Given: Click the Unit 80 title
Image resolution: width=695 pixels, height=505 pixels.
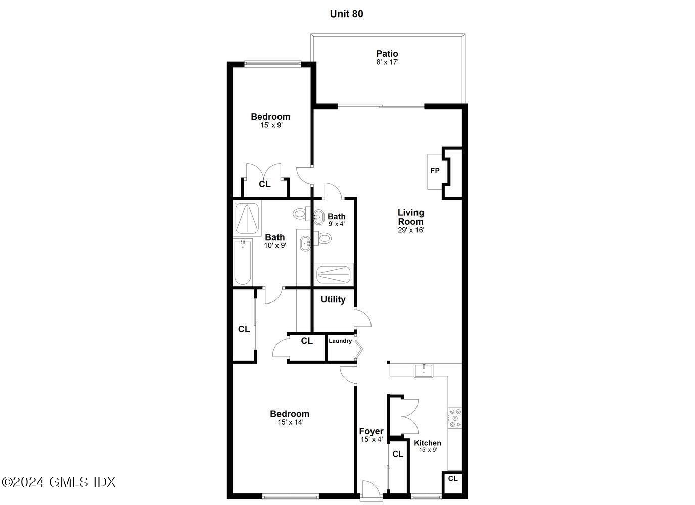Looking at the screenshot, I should coord(346,14).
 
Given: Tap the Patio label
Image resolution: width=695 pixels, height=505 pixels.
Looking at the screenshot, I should coord(387,54).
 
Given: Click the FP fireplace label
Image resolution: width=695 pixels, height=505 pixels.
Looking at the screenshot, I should coord(435,171).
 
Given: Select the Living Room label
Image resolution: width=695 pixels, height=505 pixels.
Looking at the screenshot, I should coord(410,217).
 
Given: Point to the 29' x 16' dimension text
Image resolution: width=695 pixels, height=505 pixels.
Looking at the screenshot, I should coord(410,230).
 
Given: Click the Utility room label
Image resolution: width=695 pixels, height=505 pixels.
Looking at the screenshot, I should coord(333,299).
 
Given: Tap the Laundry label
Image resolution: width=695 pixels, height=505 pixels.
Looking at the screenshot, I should coord(340,341).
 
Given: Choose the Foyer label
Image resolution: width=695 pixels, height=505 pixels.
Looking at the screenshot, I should coord(371,431).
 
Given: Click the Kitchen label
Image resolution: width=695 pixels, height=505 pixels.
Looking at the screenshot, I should coord(428,443).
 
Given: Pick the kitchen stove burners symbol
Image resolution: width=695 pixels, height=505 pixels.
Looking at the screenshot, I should coord(455,418).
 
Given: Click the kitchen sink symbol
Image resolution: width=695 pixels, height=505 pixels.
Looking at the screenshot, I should coord(424,370).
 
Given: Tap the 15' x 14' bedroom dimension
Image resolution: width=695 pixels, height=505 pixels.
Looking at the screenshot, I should coord(290,423).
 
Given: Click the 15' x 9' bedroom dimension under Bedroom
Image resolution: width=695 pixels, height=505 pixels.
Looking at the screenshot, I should coord(271,125).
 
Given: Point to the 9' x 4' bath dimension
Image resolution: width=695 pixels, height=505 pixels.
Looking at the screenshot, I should coord(336,224).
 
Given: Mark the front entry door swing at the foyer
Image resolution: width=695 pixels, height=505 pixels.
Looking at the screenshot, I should coord(370,490).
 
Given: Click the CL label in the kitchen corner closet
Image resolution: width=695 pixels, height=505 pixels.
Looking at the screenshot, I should coord(453,478).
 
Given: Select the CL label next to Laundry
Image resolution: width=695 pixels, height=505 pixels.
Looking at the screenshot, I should coord(307,341).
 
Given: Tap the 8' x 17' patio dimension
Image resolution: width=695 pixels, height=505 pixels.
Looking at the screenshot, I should coord(387,62).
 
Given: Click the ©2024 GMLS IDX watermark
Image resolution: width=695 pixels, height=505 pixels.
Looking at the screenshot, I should coord(59,482).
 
